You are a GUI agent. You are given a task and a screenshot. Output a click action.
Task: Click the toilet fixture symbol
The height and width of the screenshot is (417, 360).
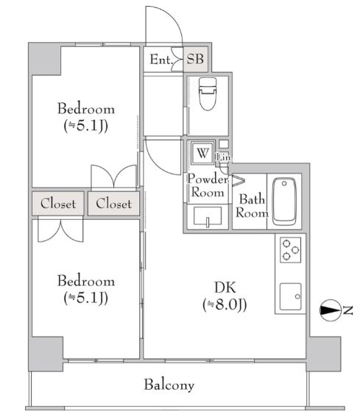pos(208,93)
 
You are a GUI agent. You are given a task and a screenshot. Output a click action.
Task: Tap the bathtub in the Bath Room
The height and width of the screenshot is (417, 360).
pos(284,202)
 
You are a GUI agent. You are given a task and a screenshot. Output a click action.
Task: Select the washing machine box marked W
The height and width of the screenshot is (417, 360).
pos(202,153)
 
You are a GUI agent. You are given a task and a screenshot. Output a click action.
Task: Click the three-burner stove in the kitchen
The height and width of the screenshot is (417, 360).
pos(291,249)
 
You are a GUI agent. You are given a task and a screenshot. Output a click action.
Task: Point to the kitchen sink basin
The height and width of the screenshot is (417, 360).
pos(291,296)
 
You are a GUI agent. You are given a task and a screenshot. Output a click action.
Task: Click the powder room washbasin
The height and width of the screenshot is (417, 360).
pos(208,216)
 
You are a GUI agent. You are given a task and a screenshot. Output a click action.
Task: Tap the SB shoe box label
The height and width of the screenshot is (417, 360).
pos(195,59)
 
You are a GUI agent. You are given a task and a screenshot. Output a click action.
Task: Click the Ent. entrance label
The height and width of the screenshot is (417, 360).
pos(160,60)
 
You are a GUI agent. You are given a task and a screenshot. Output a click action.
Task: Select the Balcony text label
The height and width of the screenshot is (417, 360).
pos(169,385)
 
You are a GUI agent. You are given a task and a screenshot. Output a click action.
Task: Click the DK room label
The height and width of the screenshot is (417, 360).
pos(225,288)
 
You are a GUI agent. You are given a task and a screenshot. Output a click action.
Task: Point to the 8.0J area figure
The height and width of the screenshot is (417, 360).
pos(225,304)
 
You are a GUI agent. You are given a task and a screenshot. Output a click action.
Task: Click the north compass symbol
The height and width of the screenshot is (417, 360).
pos(330,310)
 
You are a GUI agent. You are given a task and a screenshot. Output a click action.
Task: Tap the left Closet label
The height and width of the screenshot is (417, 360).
pos(58,204)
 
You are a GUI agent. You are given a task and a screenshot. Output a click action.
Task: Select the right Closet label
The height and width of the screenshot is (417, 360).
pos(113,204)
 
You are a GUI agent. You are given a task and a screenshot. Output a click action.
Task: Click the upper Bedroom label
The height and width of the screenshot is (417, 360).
pos(86,109)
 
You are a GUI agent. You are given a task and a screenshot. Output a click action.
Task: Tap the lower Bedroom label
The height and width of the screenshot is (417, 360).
pos(86,281)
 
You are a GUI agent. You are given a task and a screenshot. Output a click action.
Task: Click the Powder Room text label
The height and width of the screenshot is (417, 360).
pos(208,185)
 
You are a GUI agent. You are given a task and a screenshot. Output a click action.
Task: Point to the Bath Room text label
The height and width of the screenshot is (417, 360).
pos(252,206)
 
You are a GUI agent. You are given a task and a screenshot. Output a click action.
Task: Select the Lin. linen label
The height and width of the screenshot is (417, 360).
pos(224,157)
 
